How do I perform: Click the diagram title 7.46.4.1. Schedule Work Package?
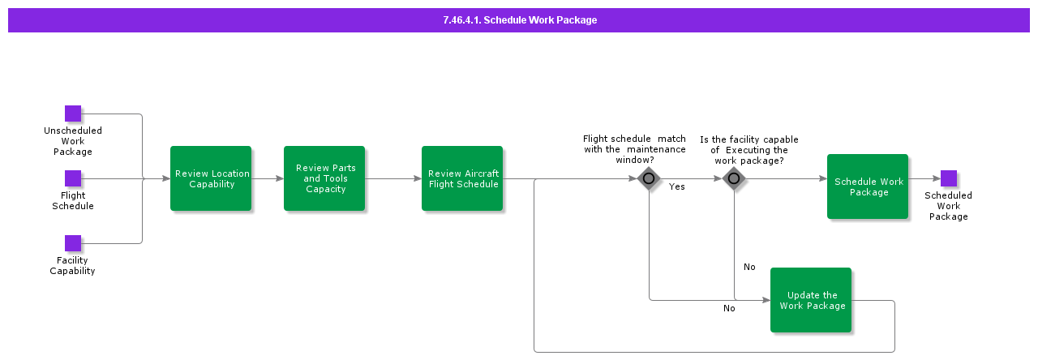[x=519, y=20]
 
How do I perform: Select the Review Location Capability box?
[x=211, y=178]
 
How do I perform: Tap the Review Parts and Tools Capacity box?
[x=324, y=178]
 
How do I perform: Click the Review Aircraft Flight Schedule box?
[x=462, y=178]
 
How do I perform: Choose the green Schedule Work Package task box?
[x=868, y=186]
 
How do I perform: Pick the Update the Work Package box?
[x=811, y=300]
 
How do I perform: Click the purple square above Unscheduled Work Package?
[x=73, y=114]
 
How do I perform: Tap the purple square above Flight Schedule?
[x=73, y=178]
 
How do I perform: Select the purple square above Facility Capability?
[x=73, y=243]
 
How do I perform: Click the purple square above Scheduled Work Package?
[x=949, y=178]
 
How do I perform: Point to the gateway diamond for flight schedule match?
[x=649, y=179]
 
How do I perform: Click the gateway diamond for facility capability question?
[x=734, y=179]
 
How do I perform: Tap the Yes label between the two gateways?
[x=676, y=187]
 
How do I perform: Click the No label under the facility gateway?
[x=749, y=268]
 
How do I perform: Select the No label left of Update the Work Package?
[x=729, y=308]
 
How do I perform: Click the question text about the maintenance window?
[x=634, y=149]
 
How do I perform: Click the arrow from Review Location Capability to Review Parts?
[x=268, y=178]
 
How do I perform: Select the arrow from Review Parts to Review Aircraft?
[x=393, y=178]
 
